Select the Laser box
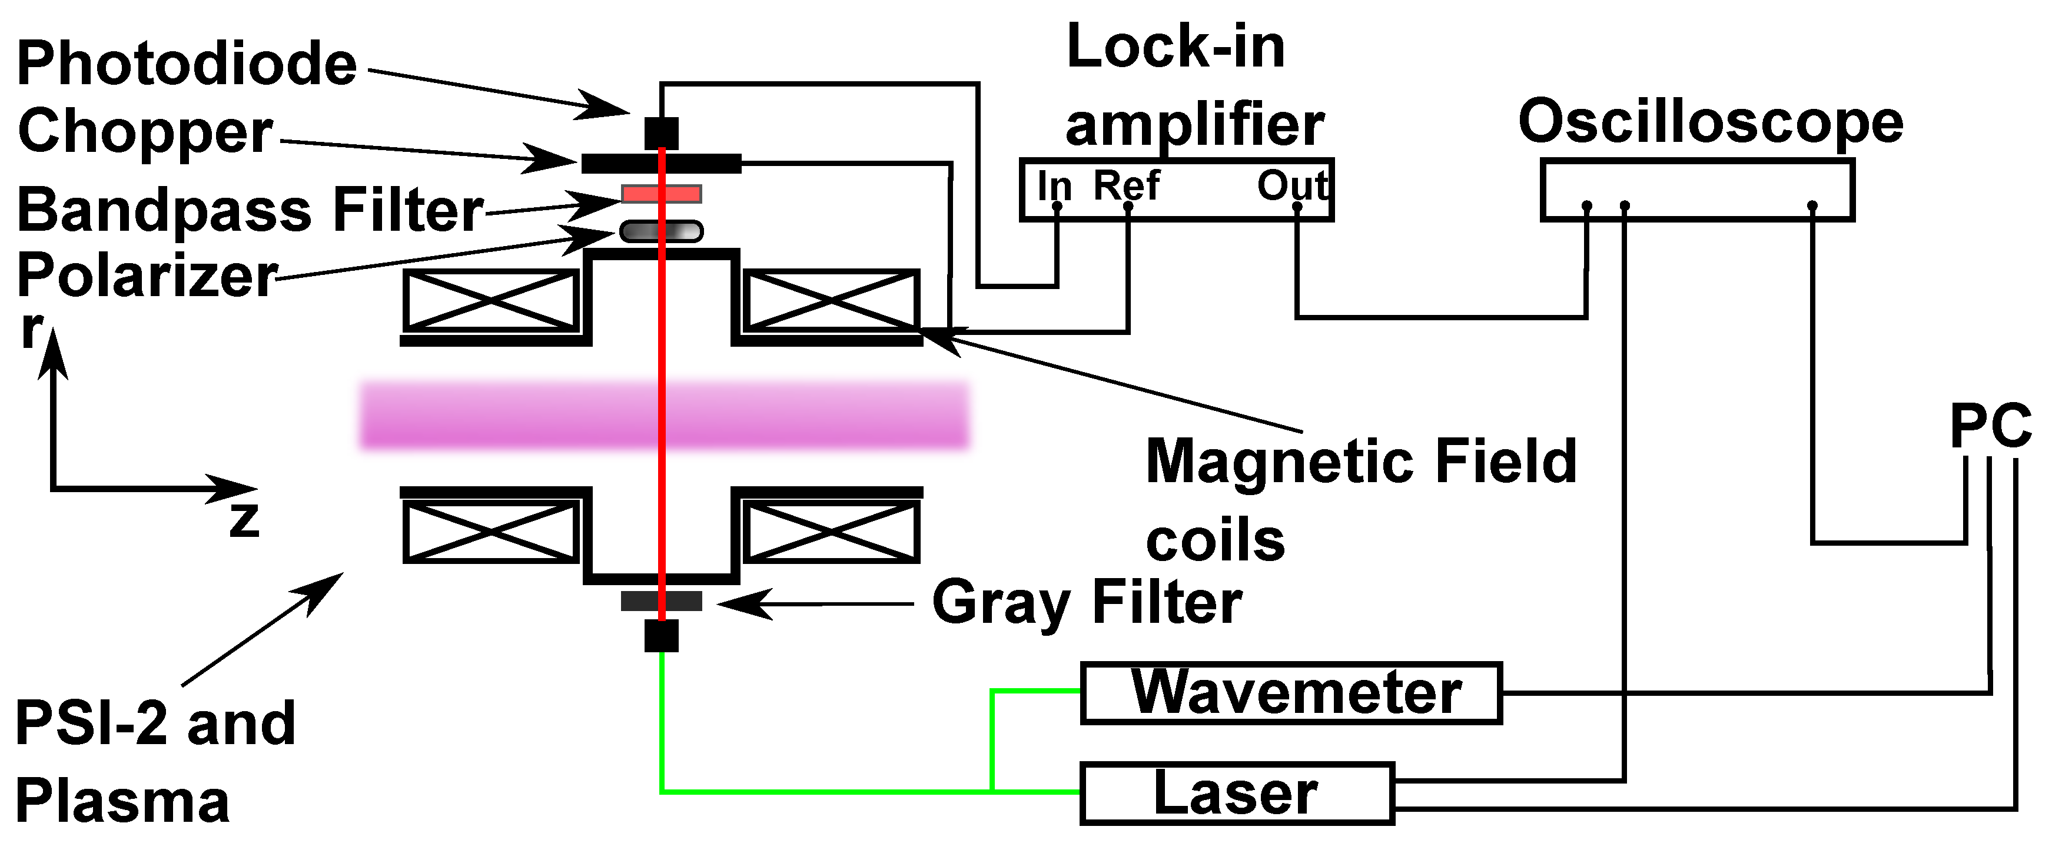pyautogui.click(x=1236, y=793)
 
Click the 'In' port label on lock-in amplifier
pyautogui.click(x=1054, y=185)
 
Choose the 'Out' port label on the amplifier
pyautogui.click(x=1291, y=185)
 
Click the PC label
pyautogui.click(x=1990, y=426)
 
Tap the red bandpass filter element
pyautogui.click(x=661, y=194)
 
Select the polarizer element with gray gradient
pyautogui.click(x=661, y=231)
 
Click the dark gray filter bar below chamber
pyautogui.click(x=661, y=601)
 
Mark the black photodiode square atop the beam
pyautogui.click(x=661, y=132)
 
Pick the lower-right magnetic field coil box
pyautogui.click(x=831, y=530)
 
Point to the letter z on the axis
pyautogui.click(x=244, y=519)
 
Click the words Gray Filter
pyautogui.click(x=1087, y=602)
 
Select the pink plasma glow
pyautogui.click(x=663, y=415)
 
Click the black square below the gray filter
pyautogui.click(x=661, y=636)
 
